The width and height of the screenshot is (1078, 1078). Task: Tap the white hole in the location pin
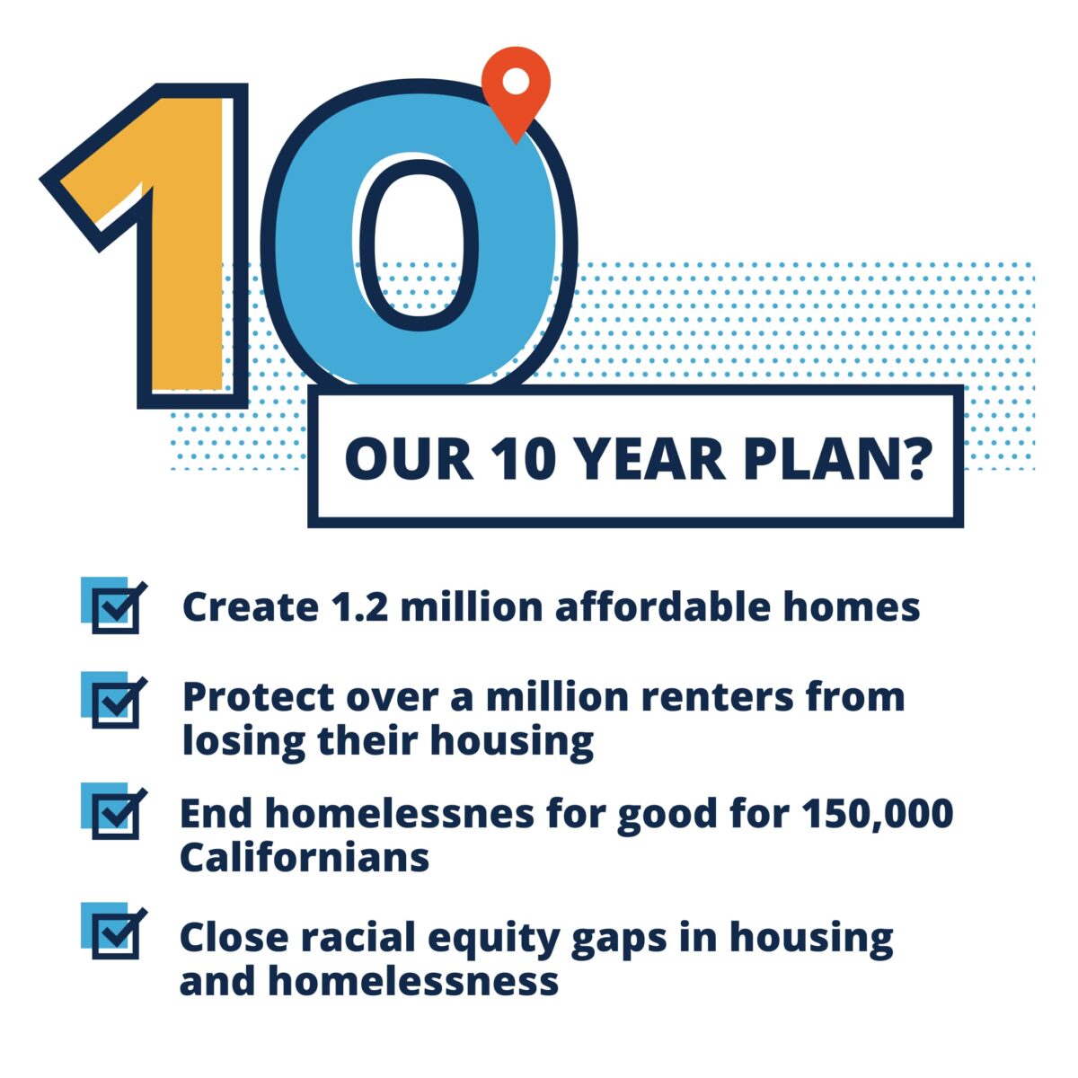pyautogui.click(x=516, y=81)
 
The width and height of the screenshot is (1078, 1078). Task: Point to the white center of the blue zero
pyautogui.click(x=419, y=245)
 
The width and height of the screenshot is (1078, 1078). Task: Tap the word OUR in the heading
pyautogui.click(x=409, y=459)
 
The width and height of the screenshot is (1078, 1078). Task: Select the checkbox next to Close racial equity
pyautogui.click(x=114, y=932)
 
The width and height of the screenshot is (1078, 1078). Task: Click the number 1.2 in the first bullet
pyautogui.click(x=359, y=606)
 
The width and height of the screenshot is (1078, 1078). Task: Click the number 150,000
pyautogui.click(x=878, y=813)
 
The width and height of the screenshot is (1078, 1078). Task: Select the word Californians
pyautogui.click(x=305, y=857)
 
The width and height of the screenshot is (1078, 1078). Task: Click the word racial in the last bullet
pyautogui.click(x=358, y=938)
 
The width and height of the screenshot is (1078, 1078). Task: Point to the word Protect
pyautogui.click(x=259, y=697)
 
